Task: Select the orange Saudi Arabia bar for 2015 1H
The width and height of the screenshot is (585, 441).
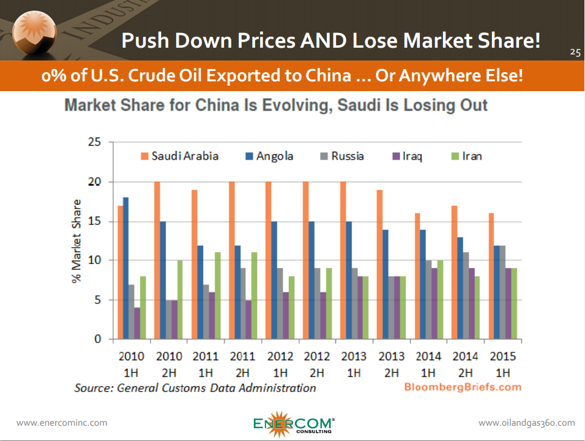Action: point(491,276)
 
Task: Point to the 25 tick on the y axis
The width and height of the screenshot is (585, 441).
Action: point(94,143)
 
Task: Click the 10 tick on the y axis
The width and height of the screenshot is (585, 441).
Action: point(94,261)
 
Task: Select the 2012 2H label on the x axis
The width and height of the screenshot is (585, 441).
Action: point(316,364)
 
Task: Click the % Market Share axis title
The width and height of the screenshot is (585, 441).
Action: point(76,240)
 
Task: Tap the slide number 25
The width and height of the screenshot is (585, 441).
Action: point(575,52)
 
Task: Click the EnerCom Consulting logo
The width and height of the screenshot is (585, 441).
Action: point(294,422)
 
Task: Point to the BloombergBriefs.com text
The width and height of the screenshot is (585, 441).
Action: point(463,387)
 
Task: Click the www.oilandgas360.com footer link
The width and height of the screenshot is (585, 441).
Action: point(526,423)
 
